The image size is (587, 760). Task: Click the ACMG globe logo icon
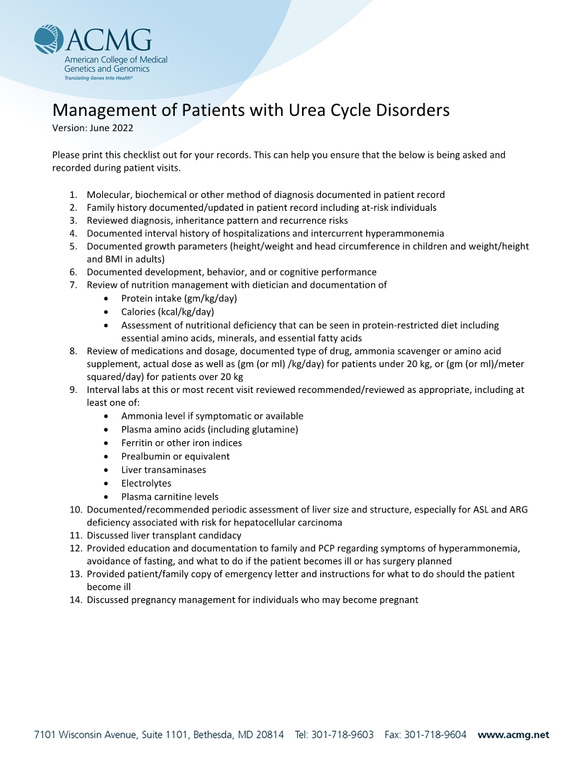(49, 40)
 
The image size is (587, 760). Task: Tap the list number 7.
(73, 285)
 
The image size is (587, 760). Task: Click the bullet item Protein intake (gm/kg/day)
(178, 298)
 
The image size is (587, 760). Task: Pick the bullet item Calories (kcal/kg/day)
(167, 312)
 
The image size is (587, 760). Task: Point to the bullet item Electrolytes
(146, 483)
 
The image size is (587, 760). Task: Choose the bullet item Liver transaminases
(163, 470)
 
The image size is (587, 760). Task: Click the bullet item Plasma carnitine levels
(170, 497)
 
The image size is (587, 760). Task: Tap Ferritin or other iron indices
(181, 443)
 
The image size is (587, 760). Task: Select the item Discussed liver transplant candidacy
(164, 535)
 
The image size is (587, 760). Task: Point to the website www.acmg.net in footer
(513, 735)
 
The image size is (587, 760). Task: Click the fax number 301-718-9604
(435, 735)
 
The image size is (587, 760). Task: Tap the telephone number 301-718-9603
(342, 735)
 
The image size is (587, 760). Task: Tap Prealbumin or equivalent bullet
(176, 456)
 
